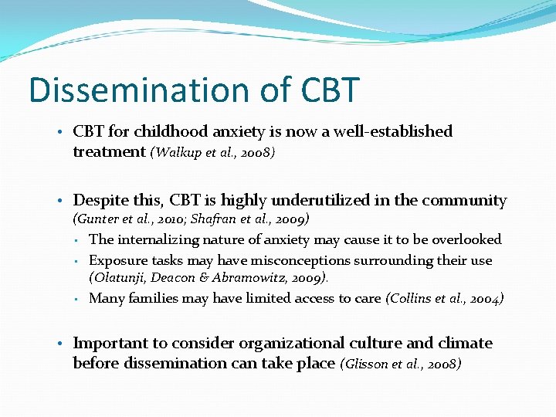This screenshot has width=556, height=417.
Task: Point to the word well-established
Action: pos(392,131)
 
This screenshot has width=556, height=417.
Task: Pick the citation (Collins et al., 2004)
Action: pos(444,298)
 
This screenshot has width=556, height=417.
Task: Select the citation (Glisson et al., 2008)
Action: pos(400,364)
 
